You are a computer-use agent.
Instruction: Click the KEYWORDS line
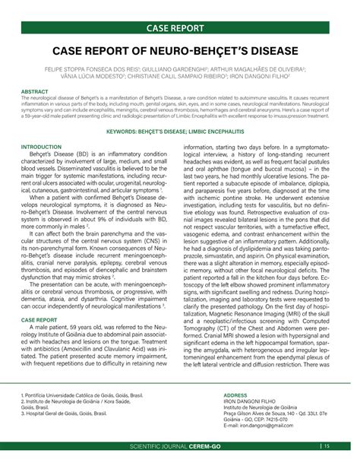pyautogui.click(x=179, y=132)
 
